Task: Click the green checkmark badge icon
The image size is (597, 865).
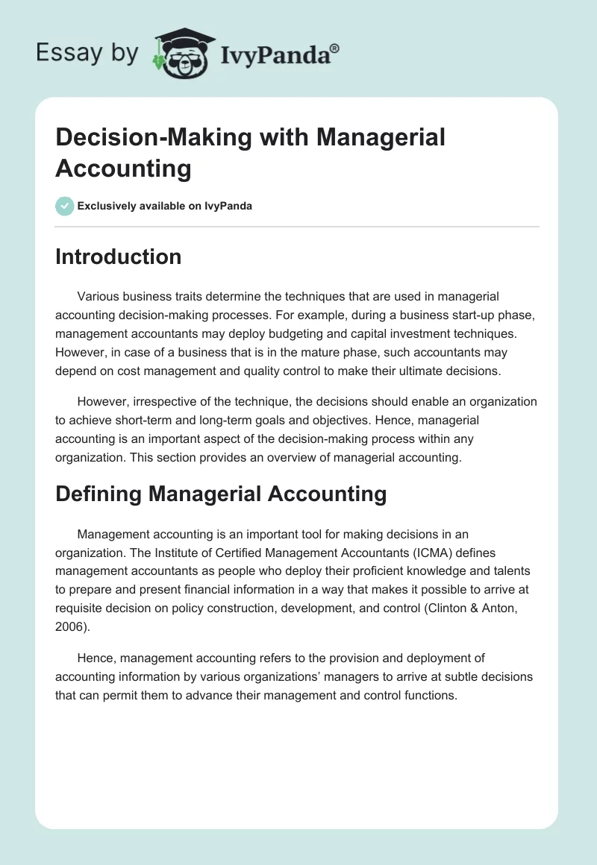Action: coord(65,206)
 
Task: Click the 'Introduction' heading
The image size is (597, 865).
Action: coord(118,257)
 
